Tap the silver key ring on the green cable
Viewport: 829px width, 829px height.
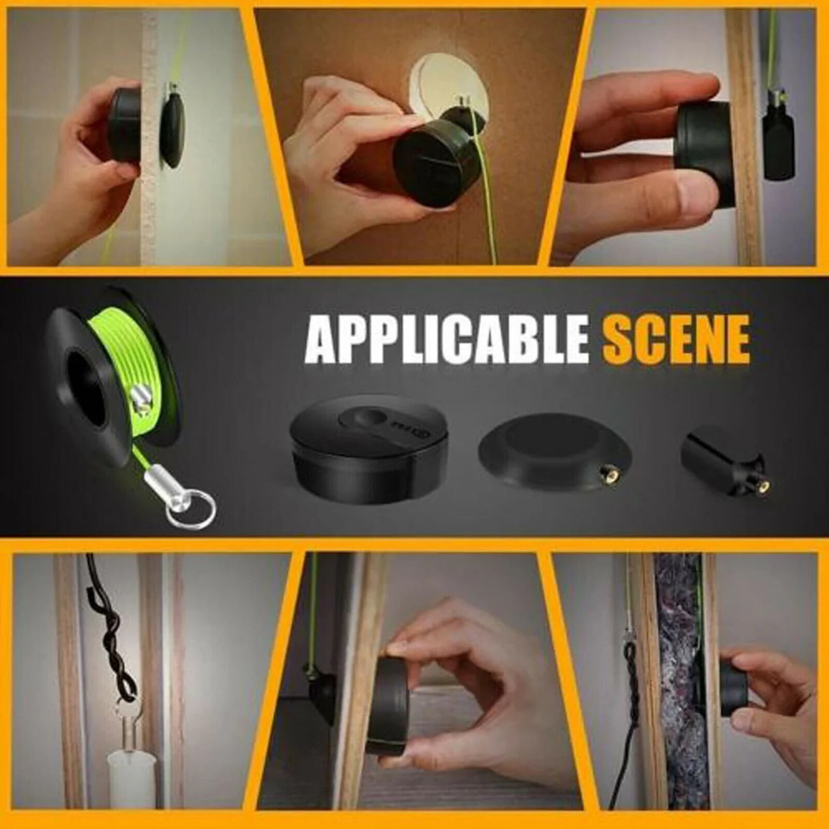(x=191, y=512)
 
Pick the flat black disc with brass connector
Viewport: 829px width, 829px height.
(x=554, y=447)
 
